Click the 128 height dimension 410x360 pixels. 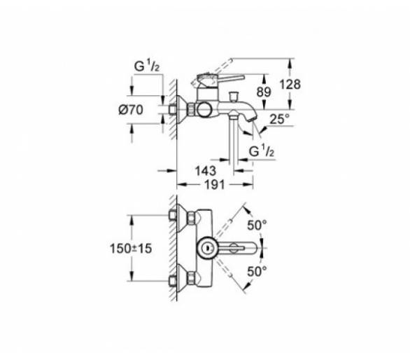coord(290,84)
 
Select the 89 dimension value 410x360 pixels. coord(264,92)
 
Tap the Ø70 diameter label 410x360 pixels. coord(131,109)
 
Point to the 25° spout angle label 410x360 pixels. coord(280,119)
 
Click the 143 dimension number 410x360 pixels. coord(206,171)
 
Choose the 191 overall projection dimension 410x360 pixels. coord(214,185)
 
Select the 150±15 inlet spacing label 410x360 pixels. coord(131,249)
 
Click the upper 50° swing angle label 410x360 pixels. coord(257,226)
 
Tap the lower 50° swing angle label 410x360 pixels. coord(257,272)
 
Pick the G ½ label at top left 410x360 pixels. coord(147,66)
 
